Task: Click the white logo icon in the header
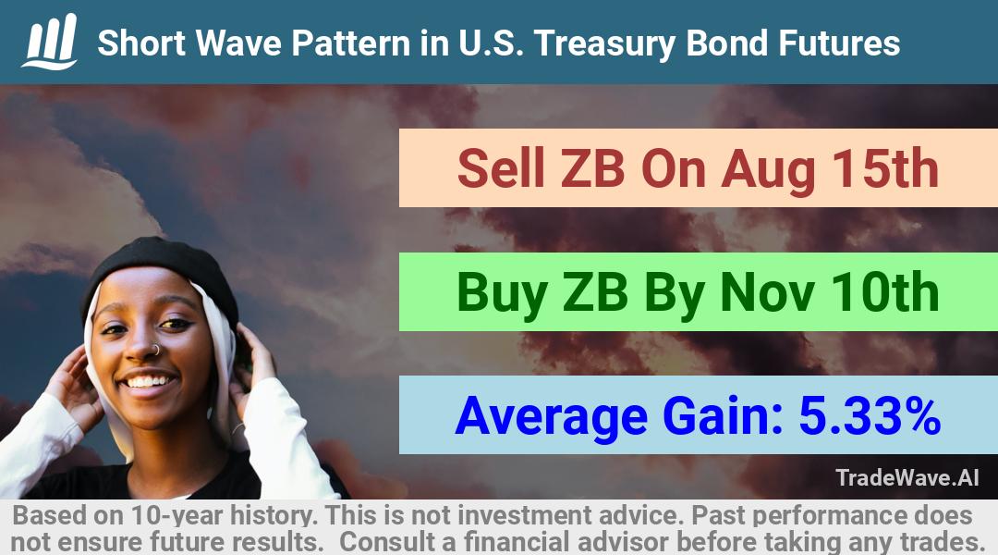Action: click(x=50, y=41)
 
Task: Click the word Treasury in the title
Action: click(x=605, y=44)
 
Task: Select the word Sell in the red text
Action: click(x=501, y=168)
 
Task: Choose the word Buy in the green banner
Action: click(x=502, y=294)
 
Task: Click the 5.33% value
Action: click(x=870, y=415)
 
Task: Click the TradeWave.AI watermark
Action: click(x=907, y=477)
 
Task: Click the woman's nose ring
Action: click(x=155, y=349)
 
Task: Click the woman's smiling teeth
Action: click(x=149, y=382)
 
